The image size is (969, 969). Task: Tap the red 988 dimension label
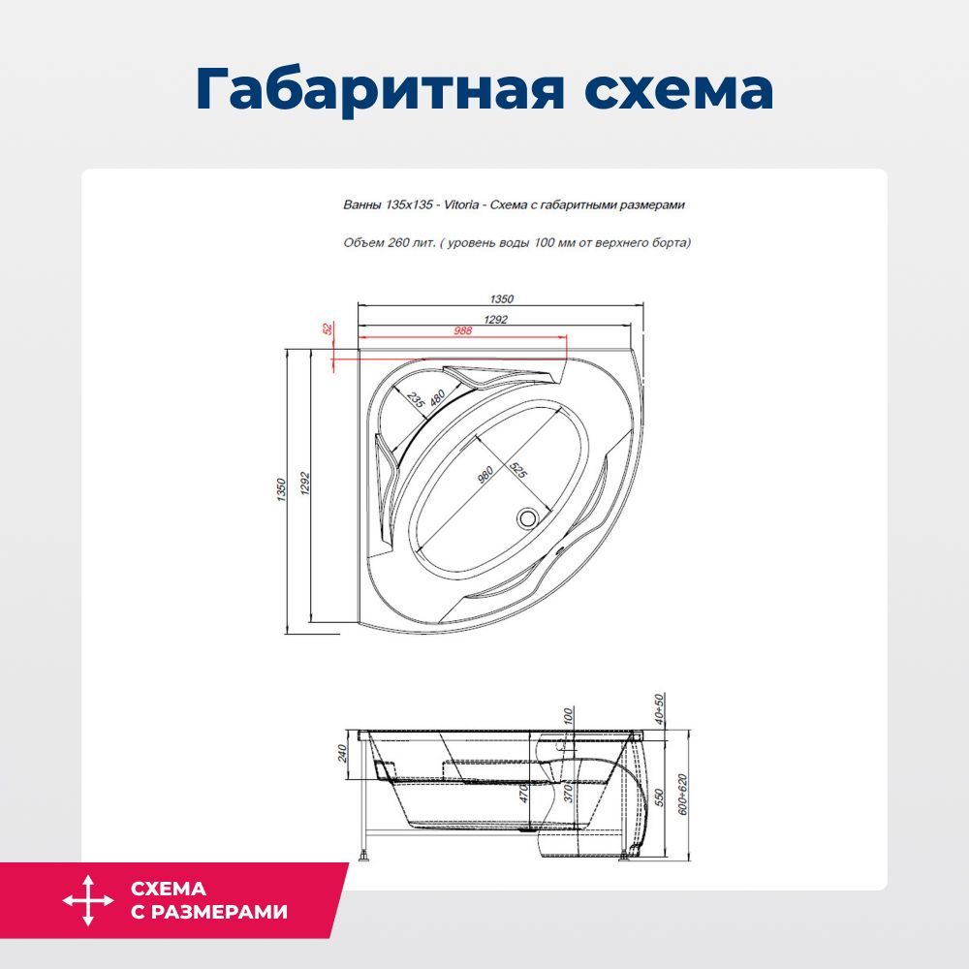click(x=463, y=330)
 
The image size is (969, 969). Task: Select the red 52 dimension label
click(x=328, y=328)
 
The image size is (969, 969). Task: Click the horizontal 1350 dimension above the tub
click(x=501, y=299)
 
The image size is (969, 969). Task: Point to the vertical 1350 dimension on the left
click(x=281, y=489)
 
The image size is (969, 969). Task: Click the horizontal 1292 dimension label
click(x=495, y=320)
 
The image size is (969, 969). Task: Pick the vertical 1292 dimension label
click(x=304, y=484)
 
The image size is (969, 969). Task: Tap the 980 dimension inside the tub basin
click(x=485, y=475)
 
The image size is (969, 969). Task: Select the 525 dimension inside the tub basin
click(x=517, y=470)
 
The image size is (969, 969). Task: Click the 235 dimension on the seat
click(x=416, y=400)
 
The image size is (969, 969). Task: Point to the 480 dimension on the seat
click(x=437, y=398)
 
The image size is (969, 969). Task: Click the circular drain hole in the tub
click(x=527, y=517)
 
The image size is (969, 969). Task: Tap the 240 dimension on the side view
click(x=342, y=753)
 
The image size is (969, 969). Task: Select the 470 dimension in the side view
click(x=524, y=793)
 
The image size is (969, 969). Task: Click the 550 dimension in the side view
click(x=659, y=797)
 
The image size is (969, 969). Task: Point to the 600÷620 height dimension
click(x=682, y=795)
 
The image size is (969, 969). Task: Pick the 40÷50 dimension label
click(x=659, y=709)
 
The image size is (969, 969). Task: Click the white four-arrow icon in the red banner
click(x=88, y=900)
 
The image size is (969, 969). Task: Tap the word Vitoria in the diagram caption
click(x=461, y=204)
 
